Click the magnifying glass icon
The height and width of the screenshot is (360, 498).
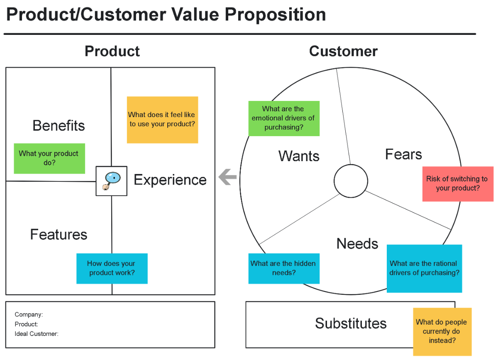[111, 181]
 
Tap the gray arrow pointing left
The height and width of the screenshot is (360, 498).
[228, 177]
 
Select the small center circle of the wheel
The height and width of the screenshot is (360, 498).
[351, 181]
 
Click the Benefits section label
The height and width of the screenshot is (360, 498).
[59, 125]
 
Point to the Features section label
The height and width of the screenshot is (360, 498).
[59, 235]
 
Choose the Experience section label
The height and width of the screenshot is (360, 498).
[170, 180]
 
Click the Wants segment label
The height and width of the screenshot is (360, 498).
[299, 156]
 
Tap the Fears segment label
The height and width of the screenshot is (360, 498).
[403, 154]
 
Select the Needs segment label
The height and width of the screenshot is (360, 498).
[357, 244]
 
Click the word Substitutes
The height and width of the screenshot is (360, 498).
[351, 323]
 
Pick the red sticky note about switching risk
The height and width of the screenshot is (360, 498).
[458, 184]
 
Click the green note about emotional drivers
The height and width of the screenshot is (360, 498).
[284, 118]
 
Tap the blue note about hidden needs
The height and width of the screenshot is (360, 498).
[284, 268]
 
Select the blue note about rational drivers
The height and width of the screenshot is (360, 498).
[424, 268]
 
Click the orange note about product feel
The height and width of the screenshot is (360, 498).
[162, 120]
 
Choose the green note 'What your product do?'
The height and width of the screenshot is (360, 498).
[49, 158]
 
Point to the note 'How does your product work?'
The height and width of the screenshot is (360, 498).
[112, 268]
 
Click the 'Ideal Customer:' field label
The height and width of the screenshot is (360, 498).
[37, 333]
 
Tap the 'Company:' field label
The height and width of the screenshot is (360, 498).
[29, 315]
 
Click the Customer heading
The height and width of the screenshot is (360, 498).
[343, 51]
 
